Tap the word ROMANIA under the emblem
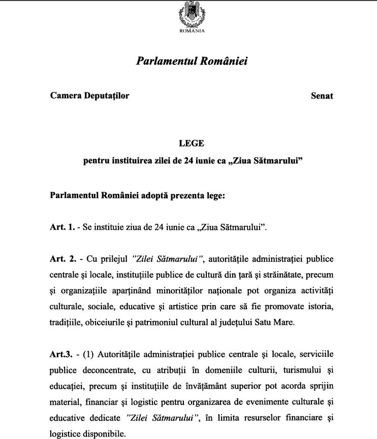192,30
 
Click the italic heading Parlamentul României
192,61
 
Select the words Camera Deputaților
89,95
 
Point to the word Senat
322,95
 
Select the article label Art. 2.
62,259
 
